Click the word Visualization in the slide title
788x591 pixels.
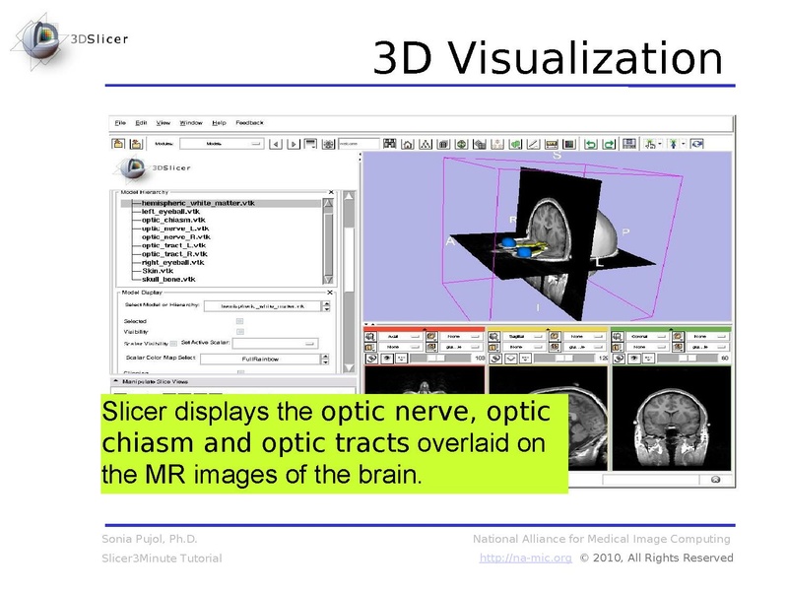pos(581,58)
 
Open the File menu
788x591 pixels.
pos(120,123)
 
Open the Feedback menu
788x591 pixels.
pos(249,123)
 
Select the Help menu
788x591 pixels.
pos(218,123)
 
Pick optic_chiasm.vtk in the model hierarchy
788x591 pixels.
pos(173,219)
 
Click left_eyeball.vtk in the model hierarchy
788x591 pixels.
pos(170,210)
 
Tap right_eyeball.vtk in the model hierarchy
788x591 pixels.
pos(172,262)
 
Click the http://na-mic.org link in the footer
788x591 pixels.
pos(525,558)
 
